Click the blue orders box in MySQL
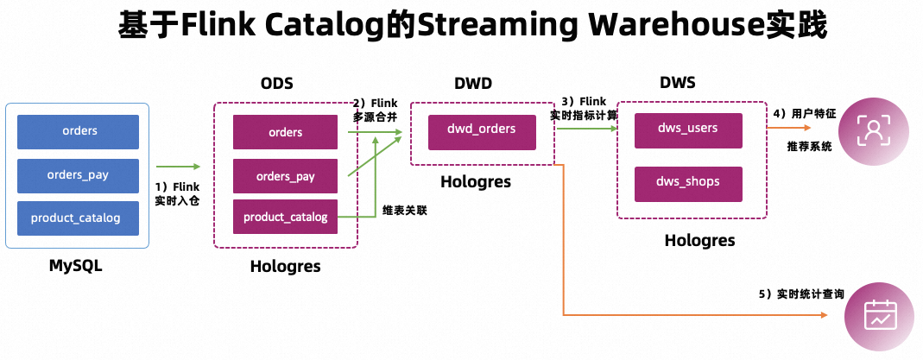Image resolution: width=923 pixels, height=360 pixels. point(79,131)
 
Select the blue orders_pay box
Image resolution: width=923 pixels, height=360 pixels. point(79,175)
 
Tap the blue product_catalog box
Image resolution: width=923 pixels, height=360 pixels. point(79,218)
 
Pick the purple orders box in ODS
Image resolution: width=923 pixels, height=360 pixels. point(285,132)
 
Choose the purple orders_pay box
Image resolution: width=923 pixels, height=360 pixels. point(285,176)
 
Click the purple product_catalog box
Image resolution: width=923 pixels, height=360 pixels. point(285,217)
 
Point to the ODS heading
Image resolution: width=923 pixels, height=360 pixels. point(277,84)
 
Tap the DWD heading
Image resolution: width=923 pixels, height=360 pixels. point(473,84)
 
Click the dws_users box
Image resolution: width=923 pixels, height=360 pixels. point(688,129)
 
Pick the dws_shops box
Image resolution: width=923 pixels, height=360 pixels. point(688,182)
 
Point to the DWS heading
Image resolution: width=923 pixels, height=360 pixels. point(678,83)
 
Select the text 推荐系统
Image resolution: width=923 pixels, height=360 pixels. point(809,147)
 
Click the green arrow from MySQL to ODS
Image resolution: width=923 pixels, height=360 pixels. point(179,167)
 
